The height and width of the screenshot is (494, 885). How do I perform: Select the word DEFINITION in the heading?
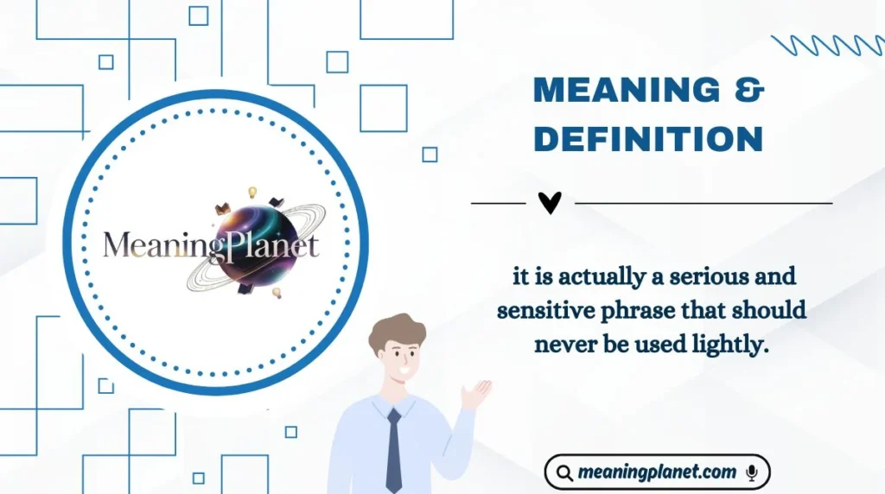(x=647, y=139)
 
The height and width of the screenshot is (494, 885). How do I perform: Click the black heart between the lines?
(x=550, y=203)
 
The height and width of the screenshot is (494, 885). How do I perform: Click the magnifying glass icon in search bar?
(x=564, y=473)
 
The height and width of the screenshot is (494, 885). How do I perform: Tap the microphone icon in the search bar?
(x=752, y=472)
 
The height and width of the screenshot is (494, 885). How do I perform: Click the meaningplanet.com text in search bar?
(x=657, y=472)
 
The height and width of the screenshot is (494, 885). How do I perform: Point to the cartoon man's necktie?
(x=393, y=449)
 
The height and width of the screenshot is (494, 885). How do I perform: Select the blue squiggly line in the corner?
(x=826, y=45)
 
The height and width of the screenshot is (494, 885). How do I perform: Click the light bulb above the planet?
(x=253, y=191)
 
